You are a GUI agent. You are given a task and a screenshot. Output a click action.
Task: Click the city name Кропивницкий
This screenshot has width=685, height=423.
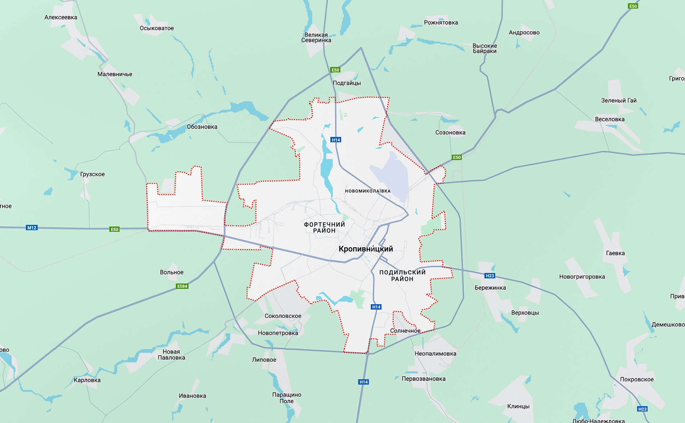point(366,249)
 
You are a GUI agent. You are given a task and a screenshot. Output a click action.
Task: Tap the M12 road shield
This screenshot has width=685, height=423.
point(32,228)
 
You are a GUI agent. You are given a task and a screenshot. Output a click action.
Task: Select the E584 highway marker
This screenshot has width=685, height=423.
point(182,286)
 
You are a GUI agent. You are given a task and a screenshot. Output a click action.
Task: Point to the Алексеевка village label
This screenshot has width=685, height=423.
point(61,17)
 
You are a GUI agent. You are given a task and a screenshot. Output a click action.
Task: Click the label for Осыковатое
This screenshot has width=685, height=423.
point(157,28)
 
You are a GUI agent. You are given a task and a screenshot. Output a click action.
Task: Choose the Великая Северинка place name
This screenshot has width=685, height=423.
point(316,37)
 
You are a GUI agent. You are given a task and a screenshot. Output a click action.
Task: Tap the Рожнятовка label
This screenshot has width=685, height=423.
point(441,22)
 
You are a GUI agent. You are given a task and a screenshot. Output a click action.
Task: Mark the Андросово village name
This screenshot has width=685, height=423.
point(524,32)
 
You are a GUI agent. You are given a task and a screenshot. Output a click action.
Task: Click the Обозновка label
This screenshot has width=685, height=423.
point(202,127)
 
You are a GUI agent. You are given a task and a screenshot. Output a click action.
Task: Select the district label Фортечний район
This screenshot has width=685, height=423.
point(324,227)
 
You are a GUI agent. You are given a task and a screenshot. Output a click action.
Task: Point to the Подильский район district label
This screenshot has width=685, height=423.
point(402,275)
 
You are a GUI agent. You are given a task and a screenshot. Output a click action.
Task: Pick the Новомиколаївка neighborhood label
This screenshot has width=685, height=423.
point(367,191)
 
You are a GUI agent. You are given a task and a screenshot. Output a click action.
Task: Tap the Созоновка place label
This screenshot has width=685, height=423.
point(450,133)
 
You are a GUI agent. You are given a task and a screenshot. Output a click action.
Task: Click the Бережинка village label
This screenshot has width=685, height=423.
point(490,288)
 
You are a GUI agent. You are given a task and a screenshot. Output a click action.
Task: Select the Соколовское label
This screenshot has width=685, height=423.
point(283,316)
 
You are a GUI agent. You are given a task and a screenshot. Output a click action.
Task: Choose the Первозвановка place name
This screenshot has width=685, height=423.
point(423,378)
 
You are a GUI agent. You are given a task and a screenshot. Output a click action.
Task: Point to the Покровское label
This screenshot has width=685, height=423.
point(637,379)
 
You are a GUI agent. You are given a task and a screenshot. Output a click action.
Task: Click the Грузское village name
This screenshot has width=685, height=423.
point(92,174)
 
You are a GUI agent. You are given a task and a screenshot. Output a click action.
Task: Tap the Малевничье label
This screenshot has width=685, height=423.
point(115,74)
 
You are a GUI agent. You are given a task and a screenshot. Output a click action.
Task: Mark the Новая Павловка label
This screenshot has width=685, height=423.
point(171,355)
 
